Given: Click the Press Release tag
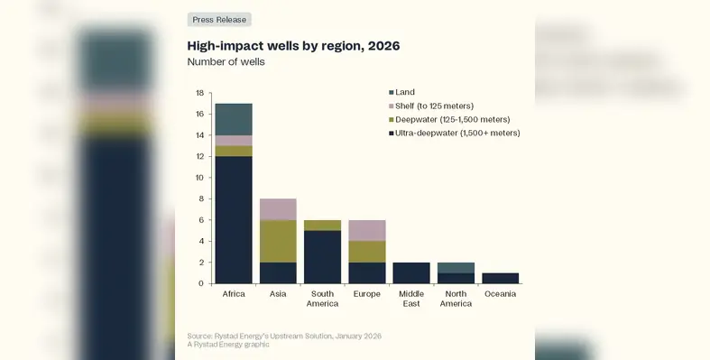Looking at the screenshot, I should click(x=218, y=19).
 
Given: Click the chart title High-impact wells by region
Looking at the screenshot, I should click(x=292, y=45).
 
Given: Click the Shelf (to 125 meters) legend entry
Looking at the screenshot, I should click(x=434, y=106).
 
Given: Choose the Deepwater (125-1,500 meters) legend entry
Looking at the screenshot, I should click(x=452, y=119).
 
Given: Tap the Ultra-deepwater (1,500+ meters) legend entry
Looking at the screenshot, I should click(x=456, y=133).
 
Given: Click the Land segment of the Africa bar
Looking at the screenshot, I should click(x=233, y=119).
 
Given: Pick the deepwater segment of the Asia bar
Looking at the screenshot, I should click(x=278, y=241).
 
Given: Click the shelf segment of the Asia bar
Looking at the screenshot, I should click(x=278, y=209).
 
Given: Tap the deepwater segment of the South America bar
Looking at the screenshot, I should click(x=322, y=225).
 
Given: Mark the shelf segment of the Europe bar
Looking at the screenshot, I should click(x=366, y=230).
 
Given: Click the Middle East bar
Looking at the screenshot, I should click(x=410, y=272).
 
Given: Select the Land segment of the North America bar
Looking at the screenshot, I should click(x=456, y=267).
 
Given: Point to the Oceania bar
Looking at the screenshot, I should click(x=500, y=278).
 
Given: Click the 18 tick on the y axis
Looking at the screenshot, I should click(x=201, y=93).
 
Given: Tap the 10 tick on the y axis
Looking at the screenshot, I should click(x=201, y=178).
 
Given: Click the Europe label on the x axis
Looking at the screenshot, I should click(x=366, y=293).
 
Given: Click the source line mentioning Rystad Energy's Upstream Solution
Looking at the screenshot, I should click(x=284, y=336).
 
